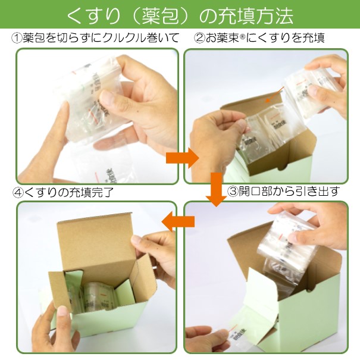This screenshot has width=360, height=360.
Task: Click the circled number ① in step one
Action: (17, 38)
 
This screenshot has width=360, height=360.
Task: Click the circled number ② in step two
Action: (199, 38)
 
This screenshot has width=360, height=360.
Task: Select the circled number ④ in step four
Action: (18, 192)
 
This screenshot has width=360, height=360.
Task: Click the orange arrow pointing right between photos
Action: (182, 158)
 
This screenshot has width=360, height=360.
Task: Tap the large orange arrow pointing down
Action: (216, 189)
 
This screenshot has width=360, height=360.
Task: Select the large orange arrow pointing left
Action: (178, 221)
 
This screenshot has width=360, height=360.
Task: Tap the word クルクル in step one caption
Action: (124, 38)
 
